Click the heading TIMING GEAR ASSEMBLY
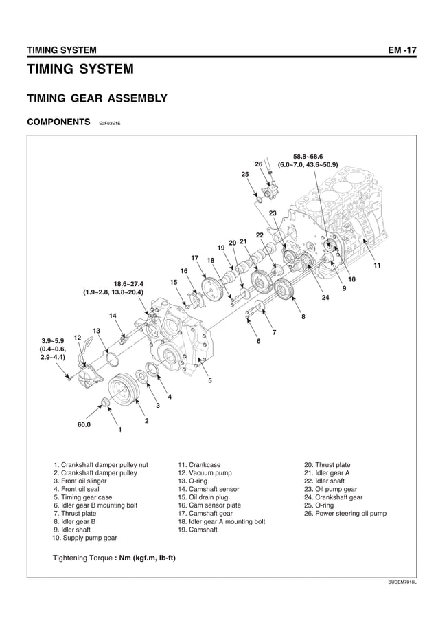[x=96, y=99]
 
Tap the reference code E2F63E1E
[x=109, y=124]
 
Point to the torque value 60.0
[x=85, y=424]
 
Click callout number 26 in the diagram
[x=259, y=164]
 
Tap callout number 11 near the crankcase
[x=376, y=265]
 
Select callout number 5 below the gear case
[x=209, y=380]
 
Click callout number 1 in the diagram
[x=119, y=430]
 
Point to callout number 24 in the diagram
[x=325, y=297]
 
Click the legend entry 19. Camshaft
[x=198, y=530]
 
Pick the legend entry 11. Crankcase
[x=199, y=465]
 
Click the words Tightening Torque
[x=82, y=557]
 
